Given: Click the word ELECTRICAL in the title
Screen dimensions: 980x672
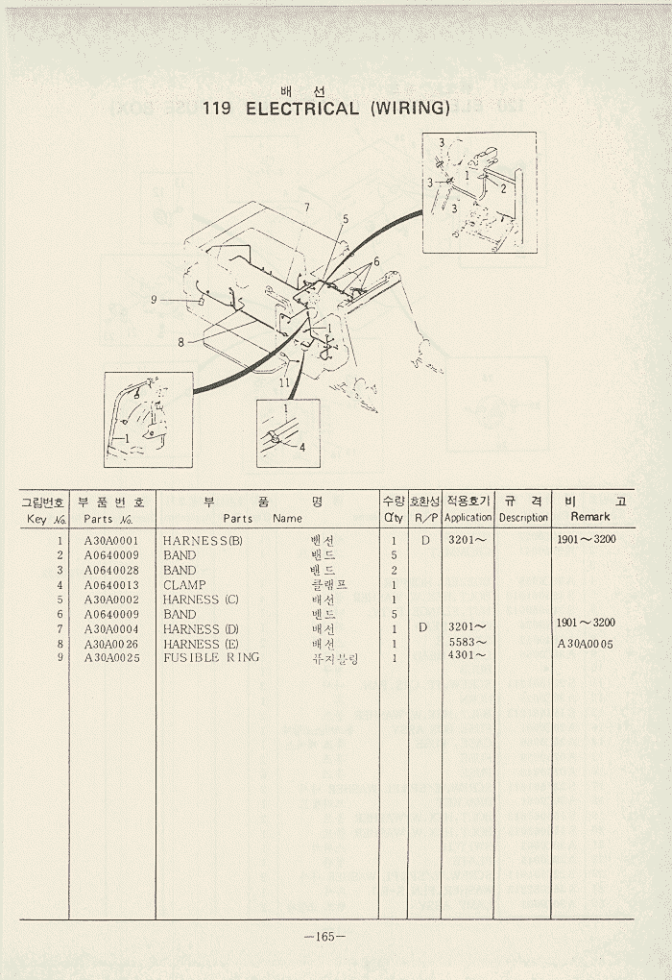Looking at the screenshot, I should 302,108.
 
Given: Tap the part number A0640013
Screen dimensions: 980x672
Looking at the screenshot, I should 111,585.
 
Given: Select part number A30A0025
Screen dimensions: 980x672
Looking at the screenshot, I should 111,658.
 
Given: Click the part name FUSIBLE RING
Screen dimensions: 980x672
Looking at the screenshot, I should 211,658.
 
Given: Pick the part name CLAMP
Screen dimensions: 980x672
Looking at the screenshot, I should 184,585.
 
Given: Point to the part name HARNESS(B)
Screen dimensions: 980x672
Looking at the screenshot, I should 203,541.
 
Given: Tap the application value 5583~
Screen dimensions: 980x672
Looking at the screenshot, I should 468,642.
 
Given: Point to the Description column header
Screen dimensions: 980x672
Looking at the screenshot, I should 523,518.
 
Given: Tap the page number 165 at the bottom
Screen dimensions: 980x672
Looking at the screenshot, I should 324,938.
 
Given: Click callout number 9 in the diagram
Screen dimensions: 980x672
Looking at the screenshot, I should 153,299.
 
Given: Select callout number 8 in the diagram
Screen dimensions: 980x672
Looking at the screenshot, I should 180,341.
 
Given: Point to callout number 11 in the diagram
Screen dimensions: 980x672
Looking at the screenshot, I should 284,382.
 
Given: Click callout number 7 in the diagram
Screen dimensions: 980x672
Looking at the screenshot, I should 306,208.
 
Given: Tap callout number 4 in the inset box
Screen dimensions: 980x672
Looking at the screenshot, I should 301,447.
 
